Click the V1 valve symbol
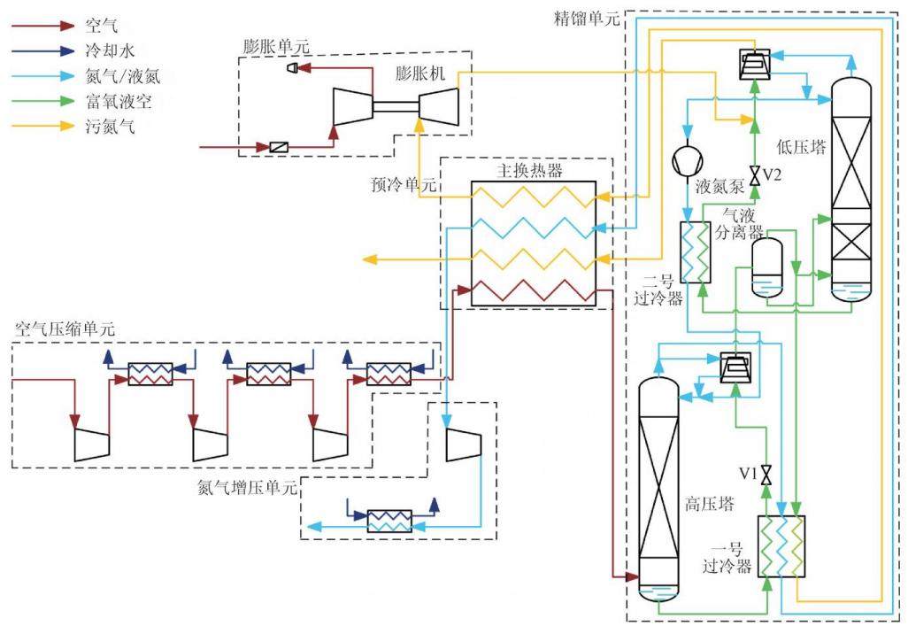pos(766,475)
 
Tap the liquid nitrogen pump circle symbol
pos(687,159)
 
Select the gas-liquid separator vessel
pos(766,267)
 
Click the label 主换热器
pos(529,170)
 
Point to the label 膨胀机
pos(420,73)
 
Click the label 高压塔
pos(710,504)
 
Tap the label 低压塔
pos(801,147)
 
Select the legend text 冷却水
pos(110,50)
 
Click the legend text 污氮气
pos(110,126)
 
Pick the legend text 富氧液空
pos(119,102)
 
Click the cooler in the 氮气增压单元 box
pos(389,522)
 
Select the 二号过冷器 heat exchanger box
pos(696,252)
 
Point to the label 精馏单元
pos(587,19)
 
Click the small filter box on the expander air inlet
pos(279,147)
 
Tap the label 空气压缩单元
pos(65,329)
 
